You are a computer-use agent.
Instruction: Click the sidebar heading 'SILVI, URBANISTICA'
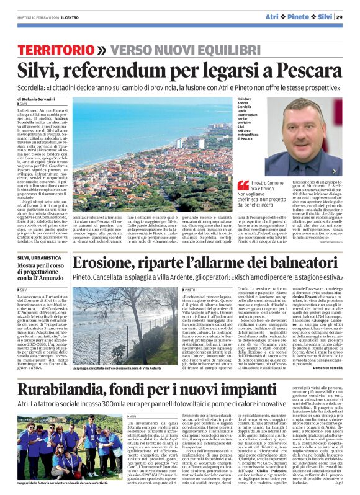coord(38,257)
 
